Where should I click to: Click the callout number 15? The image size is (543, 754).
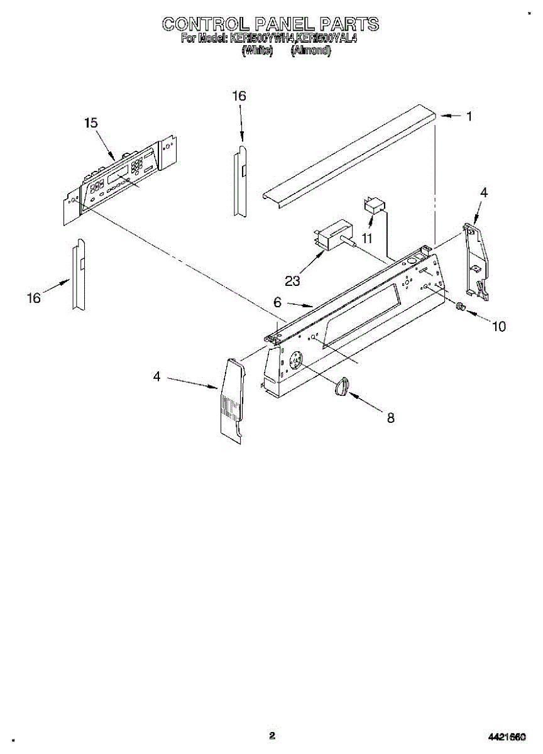[91, 123]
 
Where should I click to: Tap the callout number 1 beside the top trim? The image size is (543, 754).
[469, 116]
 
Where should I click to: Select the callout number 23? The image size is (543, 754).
[292, 281]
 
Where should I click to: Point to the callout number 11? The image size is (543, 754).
[366, 238]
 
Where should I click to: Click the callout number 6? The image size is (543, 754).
[277, 302]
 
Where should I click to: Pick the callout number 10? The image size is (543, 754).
[498, 326]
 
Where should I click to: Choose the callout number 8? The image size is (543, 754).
[390, 417]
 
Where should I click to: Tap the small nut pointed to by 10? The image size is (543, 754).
[459, 307]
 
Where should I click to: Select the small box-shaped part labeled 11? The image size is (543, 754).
[375, 205]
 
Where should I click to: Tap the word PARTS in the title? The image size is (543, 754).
[349, 25]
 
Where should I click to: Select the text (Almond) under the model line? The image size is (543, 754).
[310, 51]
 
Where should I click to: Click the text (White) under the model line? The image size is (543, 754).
[257, 51]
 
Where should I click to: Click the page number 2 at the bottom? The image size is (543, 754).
[271, 736]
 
